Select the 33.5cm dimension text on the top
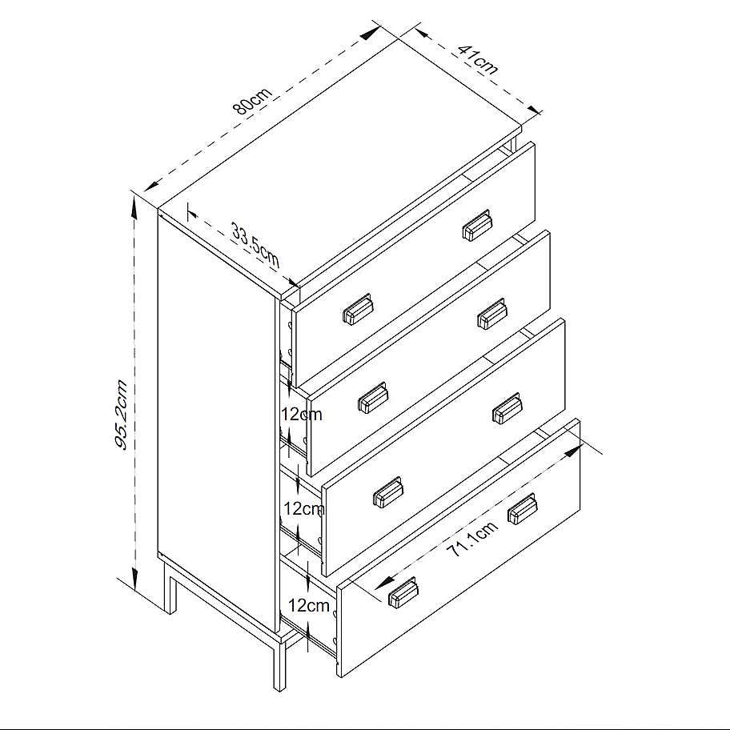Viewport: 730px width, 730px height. point(255,247)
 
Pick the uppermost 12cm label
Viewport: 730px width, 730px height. point(301,414)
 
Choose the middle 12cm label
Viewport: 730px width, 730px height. point(304,508)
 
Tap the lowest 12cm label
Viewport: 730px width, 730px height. point(308,606)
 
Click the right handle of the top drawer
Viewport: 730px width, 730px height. point(476,226)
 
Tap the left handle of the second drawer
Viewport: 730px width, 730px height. point(373,398)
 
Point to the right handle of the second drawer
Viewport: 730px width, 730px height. point(491,314)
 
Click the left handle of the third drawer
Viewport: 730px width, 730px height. point(388,491)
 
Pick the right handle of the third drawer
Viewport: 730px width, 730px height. point(507,408)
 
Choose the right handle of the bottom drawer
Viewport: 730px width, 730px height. point(522,508)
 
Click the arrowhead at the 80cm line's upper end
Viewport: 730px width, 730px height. point(371,33)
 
